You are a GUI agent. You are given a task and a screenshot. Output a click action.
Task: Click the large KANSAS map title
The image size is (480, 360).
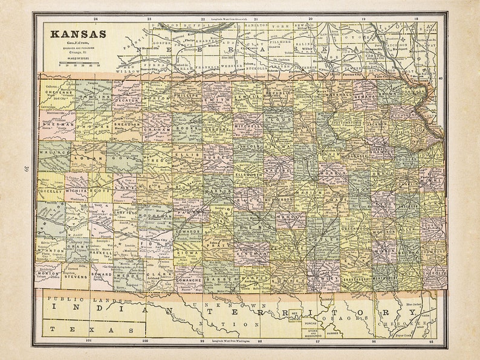(78, 34)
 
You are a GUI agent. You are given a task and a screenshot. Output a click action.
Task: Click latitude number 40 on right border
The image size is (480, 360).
(440, 78)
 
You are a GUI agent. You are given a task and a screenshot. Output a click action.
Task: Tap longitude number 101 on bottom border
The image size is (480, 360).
(89, 341)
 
